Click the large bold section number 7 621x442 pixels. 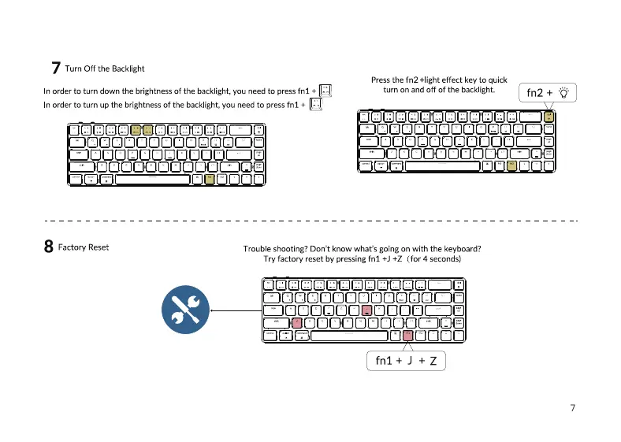(x=55, y=69)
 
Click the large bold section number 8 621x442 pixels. (x=49, y=247)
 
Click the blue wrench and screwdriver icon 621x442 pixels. (x=185, y=310)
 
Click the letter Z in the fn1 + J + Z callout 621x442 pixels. (x=433, y=362)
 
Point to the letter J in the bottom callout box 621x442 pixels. (x=409, y=362)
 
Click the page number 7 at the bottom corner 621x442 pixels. (x=572, y=408)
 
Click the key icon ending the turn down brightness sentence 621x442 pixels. (x=325, y=91)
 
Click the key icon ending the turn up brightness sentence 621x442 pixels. (x=315, y=104)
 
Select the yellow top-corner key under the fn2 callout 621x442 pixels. (x=548, y=117)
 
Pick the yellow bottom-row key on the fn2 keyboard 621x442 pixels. (x=511, y=165)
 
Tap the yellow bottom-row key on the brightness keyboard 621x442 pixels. (x=209, y=179)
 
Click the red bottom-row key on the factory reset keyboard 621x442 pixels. (x=407, y=336)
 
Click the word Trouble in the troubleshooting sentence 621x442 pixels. (x=258, y=249)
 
